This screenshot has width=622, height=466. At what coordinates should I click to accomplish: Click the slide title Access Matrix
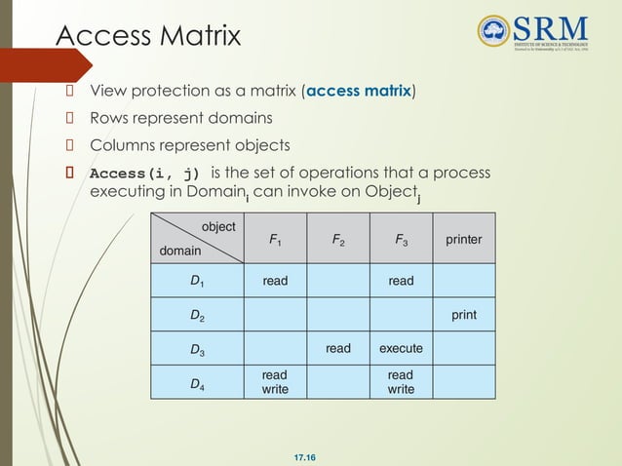pyautogui.click(x=148, y=36)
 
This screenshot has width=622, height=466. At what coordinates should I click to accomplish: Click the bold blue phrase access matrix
pyautogui.click(x=360, y=93)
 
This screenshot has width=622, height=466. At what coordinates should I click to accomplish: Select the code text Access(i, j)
pyautogui.click(x=144, y=174)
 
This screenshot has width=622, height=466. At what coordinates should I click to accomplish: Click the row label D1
pyautogui.click(x=197, y=281)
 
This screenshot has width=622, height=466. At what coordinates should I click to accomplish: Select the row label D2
pyautogui.click(x=197, y=316)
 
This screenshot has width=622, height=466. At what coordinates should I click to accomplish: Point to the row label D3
pyautogui.click(x=197, y=347)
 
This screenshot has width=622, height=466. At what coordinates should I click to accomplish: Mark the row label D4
pyautogui.click(x=197, y=382)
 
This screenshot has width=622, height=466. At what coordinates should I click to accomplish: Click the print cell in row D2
pyautogui.click(x=463, y=315)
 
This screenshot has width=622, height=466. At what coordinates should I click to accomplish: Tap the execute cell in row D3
pyautogui.click(x=400, y=347)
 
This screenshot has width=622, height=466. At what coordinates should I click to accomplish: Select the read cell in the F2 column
pyautogui.click(x=338, y=347)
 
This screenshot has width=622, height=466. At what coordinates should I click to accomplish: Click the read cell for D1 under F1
pyautogui.click(x=275, y=281)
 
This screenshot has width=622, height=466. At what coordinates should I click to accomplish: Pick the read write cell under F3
pyautogui.click(x=400, y=382)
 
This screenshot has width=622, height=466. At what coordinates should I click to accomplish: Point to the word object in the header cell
pyautogui.click(x=218, y=226)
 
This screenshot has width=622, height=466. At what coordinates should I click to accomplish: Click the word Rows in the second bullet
pyautogui.click(x=110, y=119)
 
